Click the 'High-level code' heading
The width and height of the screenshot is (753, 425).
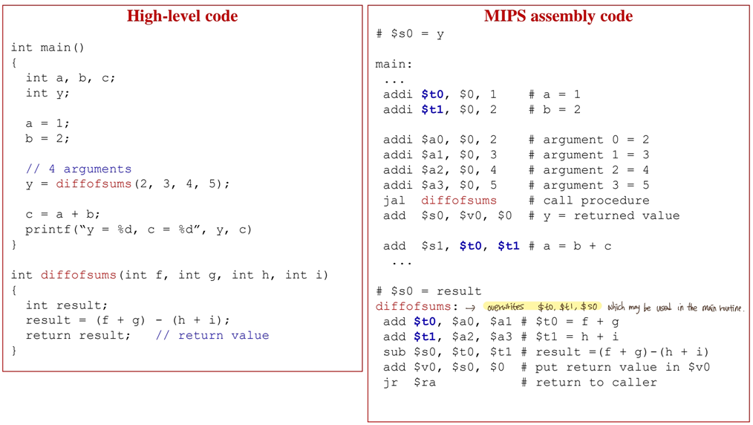(182, 16)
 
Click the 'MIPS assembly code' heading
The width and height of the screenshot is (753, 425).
(558, 16)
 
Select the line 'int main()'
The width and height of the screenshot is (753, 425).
(48, 48)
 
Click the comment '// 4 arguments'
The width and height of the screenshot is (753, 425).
(79, 169)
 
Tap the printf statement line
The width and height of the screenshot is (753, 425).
(139, 230)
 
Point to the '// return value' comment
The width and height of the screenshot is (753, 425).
(212, 335)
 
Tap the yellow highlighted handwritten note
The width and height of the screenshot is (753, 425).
(542, 307)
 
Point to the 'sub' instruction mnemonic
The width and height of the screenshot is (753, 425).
(394, 352)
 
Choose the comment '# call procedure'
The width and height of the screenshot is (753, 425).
(589, 201)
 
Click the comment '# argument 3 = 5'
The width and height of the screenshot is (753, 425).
(589, 185)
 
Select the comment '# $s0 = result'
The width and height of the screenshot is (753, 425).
(428, 291)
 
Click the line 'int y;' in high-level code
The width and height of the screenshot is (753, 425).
(48, 93)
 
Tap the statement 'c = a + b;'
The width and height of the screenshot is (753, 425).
(63, 214)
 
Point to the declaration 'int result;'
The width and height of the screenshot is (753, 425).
(67, 305)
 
